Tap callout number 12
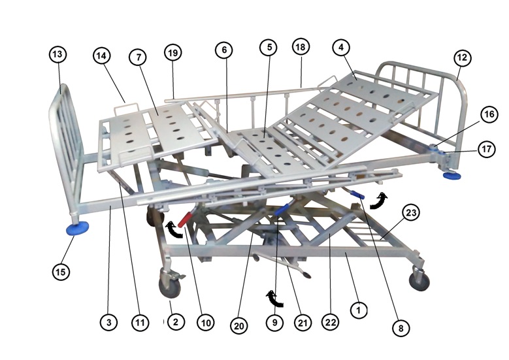pos(463,58)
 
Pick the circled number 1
pos(357,309)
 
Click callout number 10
pos(206,322)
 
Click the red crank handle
pos(184,218)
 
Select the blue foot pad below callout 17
pos(452,174)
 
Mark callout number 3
pos(109,322)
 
